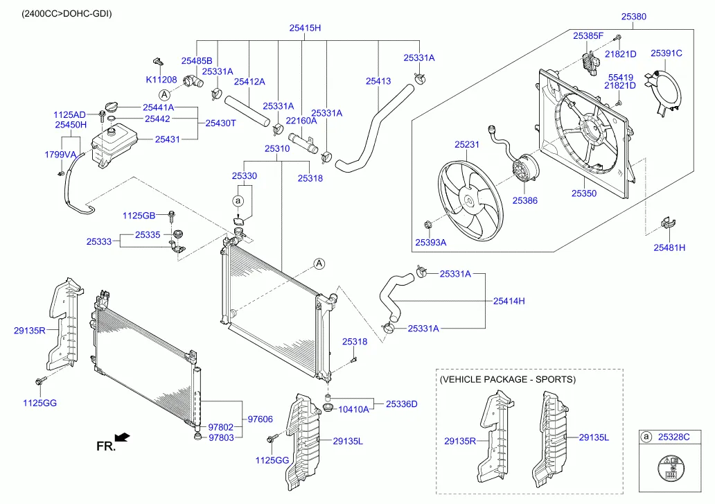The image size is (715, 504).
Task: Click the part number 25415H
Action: point(305,28)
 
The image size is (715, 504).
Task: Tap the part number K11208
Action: point(161,80)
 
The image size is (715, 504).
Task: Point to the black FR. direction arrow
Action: point(123,437)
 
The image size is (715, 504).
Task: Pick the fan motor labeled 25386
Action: point(526,170)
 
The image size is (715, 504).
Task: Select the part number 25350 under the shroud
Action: point(583,193)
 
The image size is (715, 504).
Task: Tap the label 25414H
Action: point(509,301)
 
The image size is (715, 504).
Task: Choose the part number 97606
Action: point(261,419)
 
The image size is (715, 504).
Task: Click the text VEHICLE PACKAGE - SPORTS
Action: point(508,380)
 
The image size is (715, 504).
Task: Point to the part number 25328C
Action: point(674,437)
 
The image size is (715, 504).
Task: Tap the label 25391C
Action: point(666,53)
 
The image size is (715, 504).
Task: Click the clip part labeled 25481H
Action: point(669,224)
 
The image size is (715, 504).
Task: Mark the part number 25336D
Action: point(402,403)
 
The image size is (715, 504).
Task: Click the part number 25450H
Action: point(71,125)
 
